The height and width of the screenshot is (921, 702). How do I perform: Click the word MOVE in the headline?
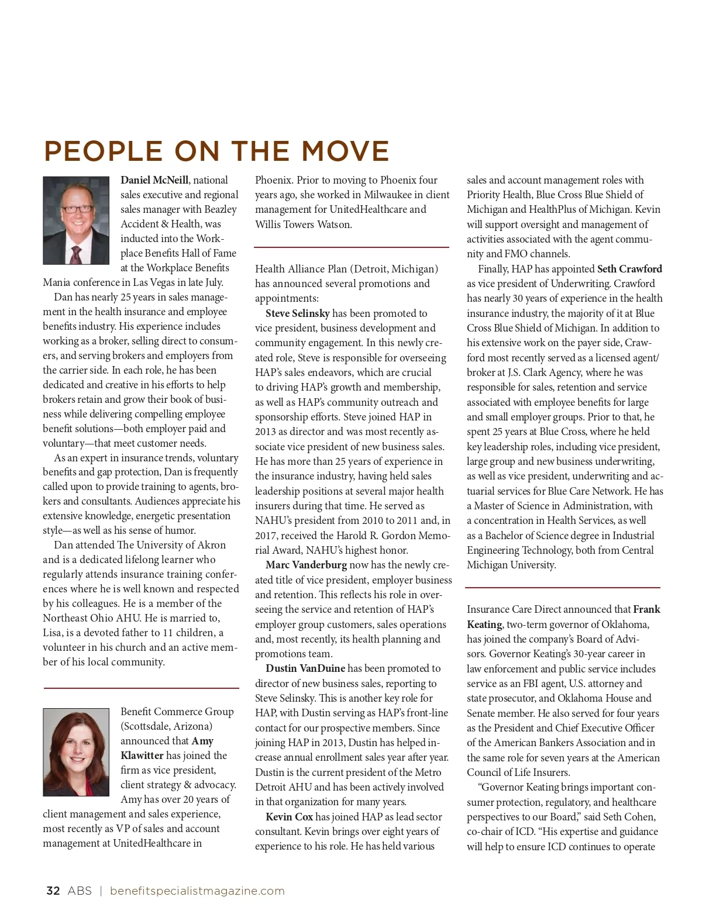tap(345, 151)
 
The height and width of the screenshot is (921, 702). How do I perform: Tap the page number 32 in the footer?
tap(53, 891)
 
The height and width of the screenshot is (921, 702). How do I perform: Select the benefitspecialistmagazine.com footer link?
tap(197, 891)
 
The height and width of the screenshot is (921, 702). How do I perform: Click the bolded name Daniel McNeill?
tap(154, 180)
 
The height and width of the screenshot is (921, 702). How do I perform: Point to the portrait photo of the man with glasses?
tap(76, 220)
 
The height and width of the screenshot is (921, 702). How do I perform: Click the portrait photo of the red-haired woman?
tap(76, 752)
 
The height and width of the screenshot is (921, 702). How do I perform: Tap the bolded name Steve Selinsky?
tap(298, 313)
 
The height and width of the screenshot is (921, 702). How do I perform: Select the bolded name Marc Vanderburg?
tap(306, 565)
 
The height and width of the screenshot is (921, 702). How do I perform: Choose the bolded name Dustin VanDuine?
tap(305, 668)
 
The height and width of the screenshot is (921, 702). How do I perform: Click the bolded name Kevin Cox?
tap(290, 817)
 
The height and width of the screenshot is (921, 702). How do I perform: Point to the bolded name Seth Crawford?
tap(629, 269)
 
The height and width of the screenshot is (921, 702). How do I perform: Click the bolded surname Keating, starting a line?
tap(484, 625)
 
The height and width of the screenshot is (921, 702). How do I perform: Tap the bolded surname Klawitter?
tap(142, 756)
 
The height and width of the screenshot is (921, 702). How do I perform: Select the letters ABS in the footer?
tap(80, 891)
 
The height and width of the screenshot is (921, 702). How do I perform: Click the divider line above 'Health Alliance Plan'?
tap(352, 247)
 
